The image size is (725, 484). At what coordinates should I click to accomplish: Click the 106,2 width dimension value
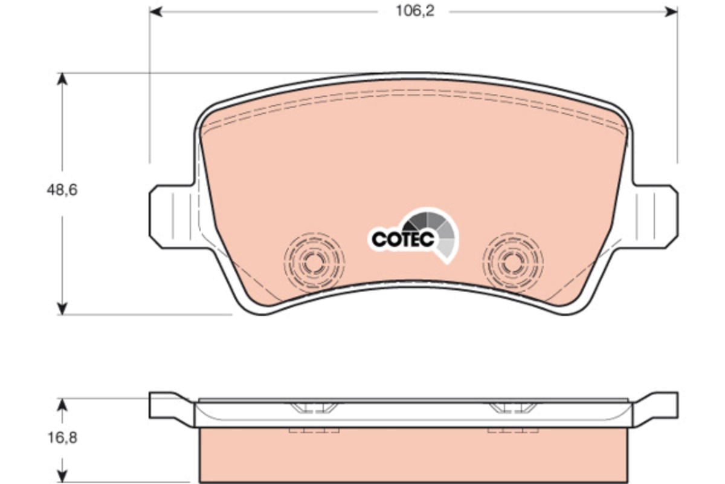pos(415,11)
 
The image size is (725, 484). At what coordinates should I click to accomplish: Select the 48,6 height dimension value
pos(62,190)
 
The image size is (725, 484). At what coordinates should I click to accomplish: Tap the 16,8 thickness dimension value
pos(62,438)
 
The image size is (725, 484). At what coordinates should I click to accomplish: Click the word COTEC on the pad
pos(402,240)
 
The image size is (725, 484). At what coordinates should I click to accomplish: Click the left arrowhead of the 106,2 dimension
pos(155,12)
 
